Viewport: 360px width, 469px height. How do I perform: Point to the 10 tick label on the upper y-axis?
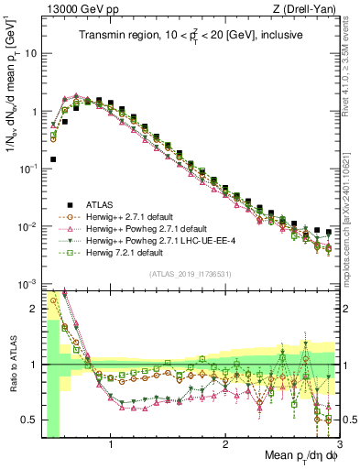pos(30,53)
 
